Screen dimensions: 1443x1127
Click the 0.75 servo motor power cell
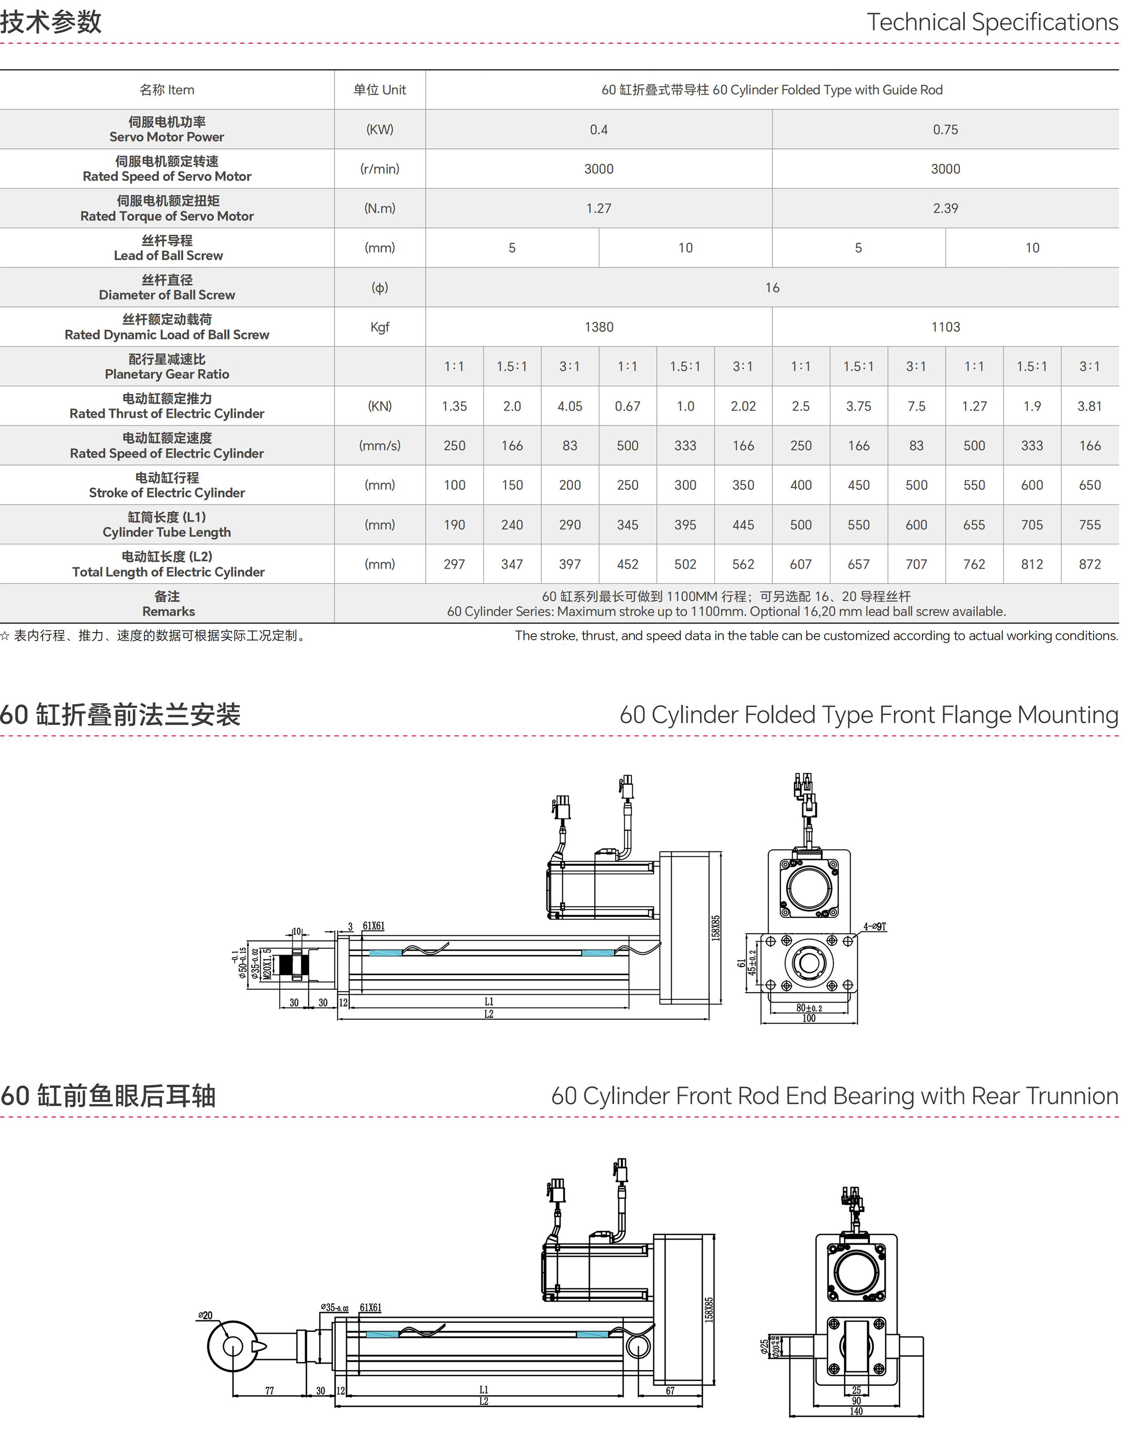(x=945, y=129)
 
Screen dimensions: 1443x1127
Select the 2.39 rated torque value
(x=945, y=208)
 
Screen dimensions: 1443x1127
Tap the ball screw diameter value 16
(x=772, y=287)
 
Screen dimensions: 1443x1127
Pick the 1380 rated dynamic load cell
(x=599, y=327)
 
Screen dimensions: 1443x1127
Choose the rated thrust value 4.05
(x=570, y=406)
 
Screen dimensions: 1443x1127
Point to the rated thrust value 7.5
(x=916, y=406)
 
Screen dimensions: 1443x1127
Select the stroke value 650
(x=1089, y=485)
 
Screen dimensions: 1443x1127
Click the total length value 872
(x=1089, y=564)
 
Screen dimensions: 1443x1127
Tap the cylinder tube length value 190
(x=454, y=525)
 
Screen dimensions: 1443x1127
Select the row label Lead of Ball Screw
(x=168, y=256)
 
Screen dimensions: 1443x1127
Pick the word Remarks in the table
(x=168, y=612)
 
